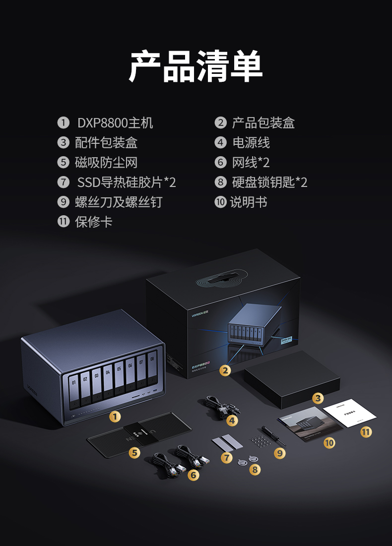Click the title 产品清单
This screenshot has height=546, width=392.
tap(196, 66)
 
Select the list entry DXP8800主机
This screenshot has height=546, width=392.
tap(115, 123)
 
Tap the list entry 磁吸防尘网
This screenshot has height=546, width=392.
tap(106, 163)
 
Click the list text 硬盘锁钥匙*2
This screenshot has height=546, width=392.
tap(269, 182)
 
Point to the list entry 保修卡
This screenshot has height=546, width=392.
tap(93, 222)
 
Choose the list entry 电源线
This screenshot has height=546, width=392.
tap(251, 143)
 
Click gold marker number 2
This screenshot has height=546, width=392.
tap(225, 370)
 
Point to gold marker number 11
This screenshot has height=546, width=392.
tap(366, 432)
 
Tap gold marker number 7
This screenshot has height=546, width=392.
tap(227, 458)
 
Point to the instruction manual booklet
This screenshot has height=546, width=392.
tap(310, 425)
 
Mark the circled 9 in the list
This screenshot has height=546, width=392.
tap(63, 202)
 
